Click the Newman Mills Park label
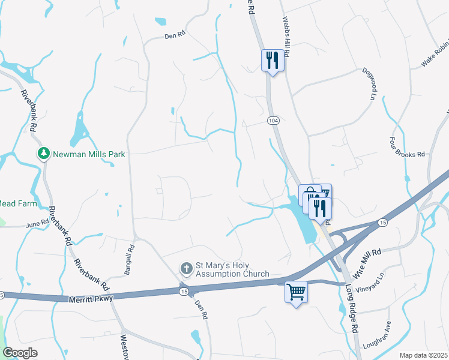pos(89,154)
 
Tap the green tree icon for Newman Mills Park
pos(43,154)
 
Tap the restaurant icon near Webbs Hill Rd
pos(273,59)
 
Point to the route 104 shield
pos(273,121)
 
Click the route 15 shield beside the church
pos(184,291)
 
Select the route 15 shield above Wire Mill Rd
pos(382,223)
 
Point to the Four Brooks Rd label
pos(409,146)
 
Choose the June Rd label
pos(36,225)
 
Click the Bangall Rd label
pos(128,260)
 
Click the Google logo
pos(20,353)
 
